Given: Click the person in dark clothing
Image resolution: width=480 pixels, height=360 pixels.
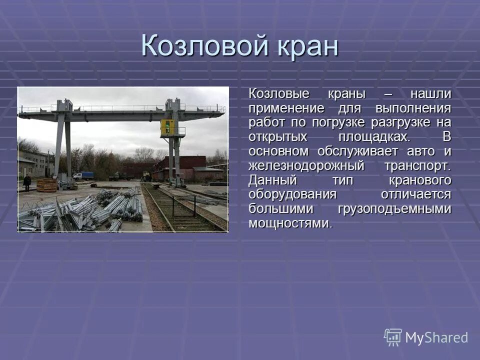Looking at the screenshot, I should (x=27, y=181).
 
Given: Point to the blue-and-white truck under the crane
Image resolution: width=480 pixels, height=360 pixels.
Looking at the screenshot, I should (x=83, y=175).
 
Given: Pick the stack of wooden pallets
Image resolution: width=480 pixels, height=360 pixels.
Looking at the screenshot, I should (x=47, y=184).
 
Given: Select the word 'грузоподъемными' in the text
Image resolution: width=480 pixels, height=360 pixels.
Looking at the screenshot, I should (x=394, y=209).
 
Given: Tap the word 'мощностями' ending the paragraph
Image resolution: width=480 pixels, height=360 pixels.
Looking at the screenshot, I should (x=289, y=223).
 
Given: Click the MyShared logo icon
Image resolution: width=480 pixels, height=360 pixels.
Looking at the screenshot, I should (x=393, y=337).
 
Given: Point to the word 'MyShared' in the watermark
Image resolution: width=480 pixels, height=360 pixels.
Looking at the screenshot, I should (x=436, y=337).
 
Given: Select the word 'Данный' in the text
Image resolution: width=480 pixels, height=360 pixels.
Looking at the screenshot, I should (x=272, y=180).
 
